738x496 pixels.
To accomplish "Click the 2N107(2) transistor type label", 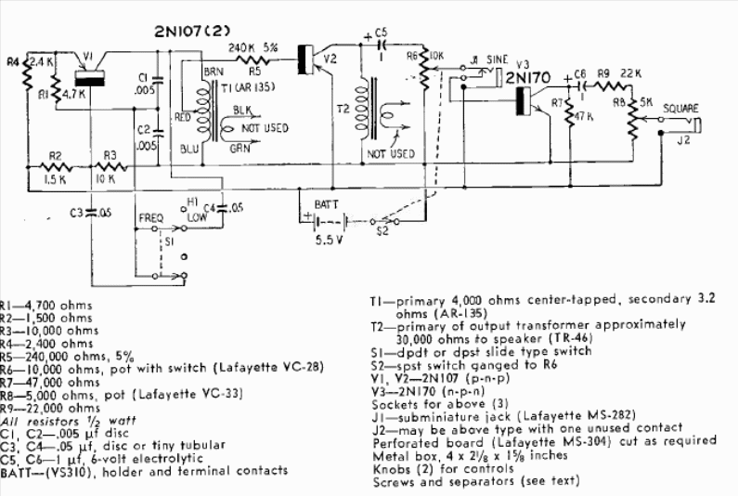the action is (192, 32).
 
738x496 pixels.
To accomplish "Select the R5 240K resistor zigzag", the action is (252, 59).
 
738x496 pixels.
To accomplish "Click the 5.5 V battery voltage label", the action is (330, 240).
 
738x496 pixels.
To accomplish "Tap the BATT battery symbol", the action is (328, 220).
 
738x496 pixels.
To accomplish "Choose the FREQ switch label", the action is (151, 218).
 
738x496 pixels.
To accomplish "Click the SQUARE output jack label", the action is (680, 109).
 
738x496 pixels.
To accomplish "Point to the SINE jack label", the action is (497, 59).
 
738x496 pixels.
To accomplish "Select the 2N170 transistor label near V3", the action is (527, 78).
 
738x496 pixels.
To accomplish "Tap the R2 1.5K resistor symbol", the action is (56, 167).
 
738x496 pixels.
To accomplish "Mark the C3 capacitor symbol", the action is (91, 212).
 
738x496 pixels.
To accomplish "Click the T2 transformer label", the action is (343, 109).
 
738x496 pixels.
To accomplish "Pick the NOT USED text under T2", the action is (391, 153).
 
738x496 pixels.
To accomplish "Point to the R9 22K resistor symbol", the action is (613, 85).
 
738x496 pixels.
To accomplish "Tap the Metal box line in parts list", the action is (470, 455).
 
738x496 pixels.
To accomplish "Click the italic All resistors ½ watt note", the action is (68, 421).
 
